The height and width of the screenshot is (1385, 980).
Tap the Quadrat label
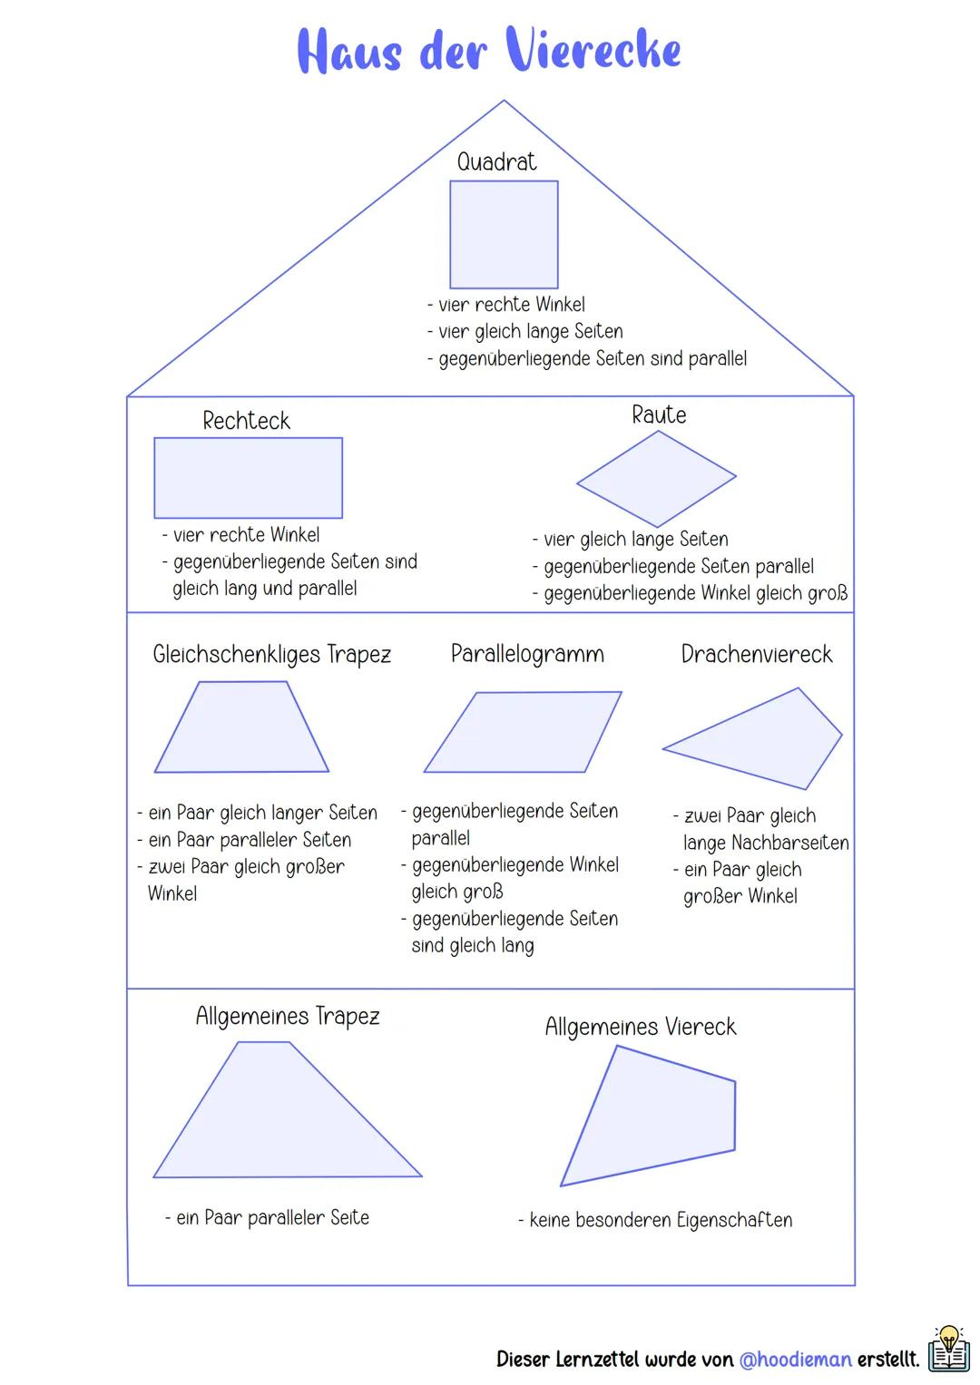pyautogui.click(x=496, y=162)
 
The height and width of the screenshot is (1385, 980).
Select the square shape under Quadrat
pyautogui.click(x=504, y=234)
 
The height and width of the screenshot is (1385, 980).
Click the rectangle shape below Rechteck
pyautogui.click(x=248, y=478)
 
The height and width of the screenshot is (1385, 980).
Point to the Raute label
pyautogui.click(x=659, y=415)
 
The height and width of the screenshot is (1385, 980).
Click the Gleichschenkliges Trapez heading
pyautogui.click(x=271, y=654)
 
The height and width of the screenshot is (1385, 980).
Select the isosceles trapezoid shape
pyautogui.click(x=242, y=730)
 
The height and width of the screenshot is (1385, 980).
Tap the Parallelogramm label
pyautogui.click(x=527, y=654)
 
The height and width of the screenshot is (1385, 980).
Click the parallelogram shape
pyautogui.click(x=523, y=733)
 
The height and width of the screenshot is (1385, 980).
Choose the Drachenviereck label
pyautogui.click(x=756, y=654)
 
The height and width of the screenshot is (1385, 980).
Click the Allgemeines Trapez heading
pyautogui.click(x=287, y=1016)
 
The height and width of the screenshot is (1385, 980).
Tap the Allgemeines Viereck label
pyautogui.click(x=640, y=1027)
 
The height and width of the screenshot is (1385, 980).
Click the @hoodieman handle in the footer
pyautogui.click(x=795, y=1359)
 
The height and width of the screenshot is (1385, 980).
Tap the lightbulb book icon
pyautogui.click(x=948, y=1349)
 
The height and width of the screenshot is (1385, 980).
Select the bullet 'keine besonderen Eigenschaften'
pyautogui.click(x=660, y=1220)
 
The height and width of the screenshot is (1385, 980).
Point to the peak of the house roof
pyautogui.click(x=504, y=102)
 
